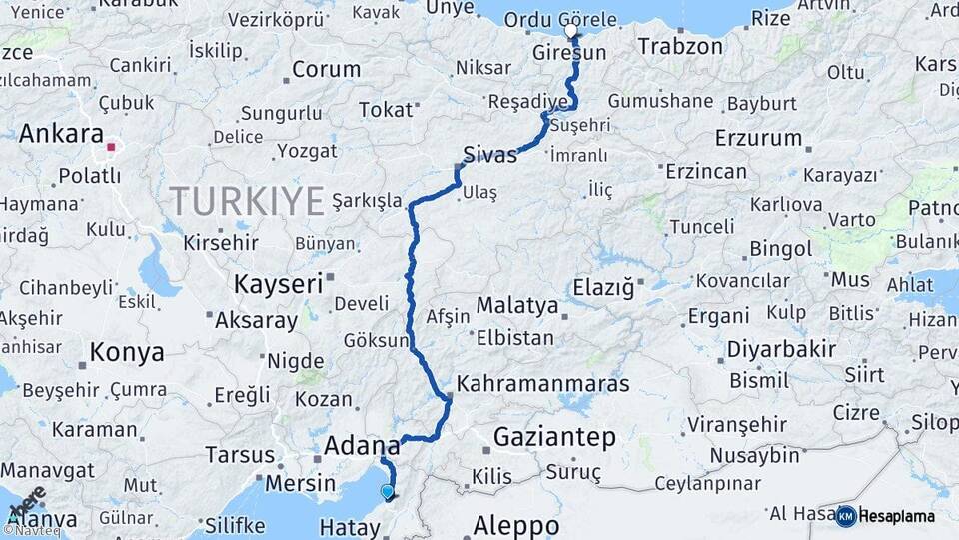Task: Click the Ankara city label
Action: click(61, 134)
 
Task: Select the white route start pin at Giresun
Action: click(571, 30)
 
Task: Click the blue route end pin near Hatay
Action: click(387, 491)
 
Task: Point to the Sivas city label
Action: click(490, 155)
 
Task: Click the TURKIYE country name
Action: click(246, 200)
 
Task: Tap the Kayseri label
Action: click(278, 284)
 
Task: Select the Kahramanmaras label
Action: click(543, 384)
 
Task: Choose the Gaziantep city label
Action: click(554, 437)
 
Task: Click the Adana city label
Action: click(362, 446)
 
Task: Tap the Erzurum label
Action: click(758, 138)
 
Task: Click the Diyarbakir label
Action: click(780, 349)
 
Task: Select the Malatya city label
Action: click(516, 305)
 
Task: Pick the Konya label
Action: click(126, 352)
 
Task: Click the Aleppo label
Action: click(515, 525)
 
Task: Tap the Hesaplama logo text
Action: click(897, 516)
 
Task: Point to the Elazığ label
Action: click(603, 289)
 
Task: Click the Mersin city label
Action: click(301, 483)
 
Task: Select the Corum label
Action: click(327, 70)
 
